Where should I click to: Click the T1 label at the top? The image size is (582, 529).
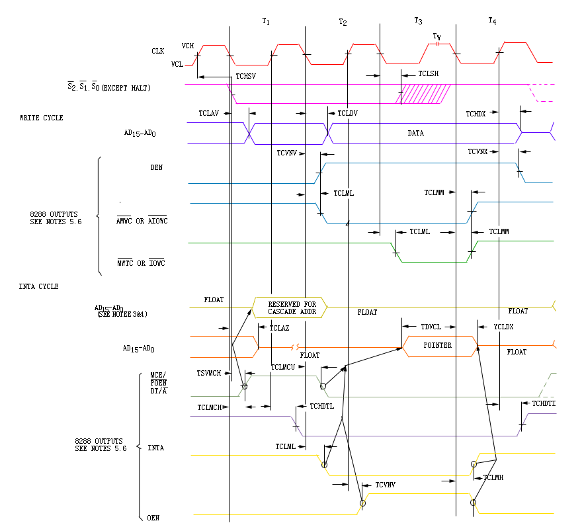pyautogui.click(x=266, y=21)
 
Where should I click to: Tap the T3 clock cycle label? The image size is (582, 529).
pyautogui.click(x=418, y=21)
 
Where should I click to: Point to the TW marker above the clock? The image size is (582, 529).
pyautogui.click(x=436, y=36)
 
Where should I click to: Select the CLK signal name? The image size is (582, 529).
pyautogui.click(x=157, y=51)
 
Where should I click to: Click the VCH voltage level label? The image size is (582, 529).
pyautogui.click(x=188, y=46)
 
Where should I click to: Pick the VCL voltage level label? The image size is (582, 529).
pyautogui.click(x=177, y=64)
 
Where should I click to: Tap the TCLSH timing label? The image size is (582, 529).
pyautogui.click(x=429, y=73)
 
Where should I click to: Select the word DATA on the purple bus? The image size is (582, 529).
pyautogui.click(x=415, y=133)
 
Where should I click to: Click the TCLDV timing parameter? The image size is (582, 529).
pyautogui.click(x=347, y=113)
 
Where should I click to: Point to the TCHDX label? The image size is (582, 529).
pyautogui.click(x=476, y=114)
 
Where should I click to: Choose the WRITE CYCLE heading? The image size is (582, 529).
pyautogui.click(x=41, y=118)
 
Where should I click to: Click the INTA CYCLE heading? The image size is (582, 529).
pyautogui.click(x=39, y=286)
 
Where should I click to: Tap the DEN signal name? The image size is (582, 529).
pyautogui.click(x=156, y=168)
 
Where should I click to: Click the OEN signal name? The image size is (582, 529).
pyautogui.click(x=153, y=518)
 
